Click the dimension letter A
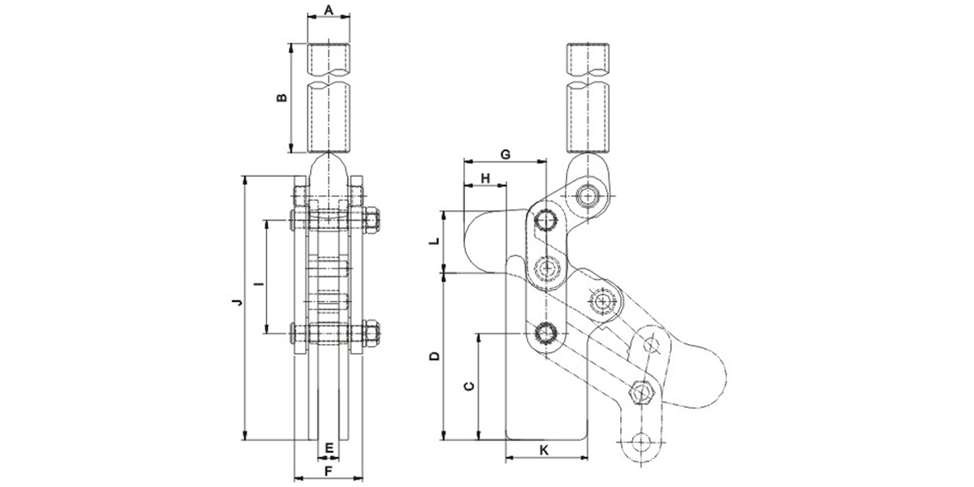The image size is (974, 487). (x=329, y=10)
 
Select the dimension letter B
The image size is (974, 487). (x=282, y=97)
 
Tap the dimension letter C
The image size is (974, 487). (x=468, y=386)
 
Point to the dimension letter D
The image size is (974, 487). (x=434, y=356)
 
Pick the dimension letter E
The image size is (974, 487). (x=329, y=448)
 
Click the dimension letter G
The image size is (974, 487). (x=504, y=153)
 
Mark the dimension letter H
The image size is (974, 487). (x=485, y=177)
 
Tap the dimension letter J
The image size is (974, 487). (x=235, y=304)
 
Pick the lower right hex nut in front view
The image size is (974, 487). (x=372, y=333)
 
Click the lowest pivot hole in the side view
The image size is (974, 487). (x=643, y=442)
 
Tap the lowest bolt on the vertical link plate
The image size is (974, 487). (x=547, y=334)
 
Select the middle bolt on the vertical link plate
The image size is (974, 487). (x=547, y=266)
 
